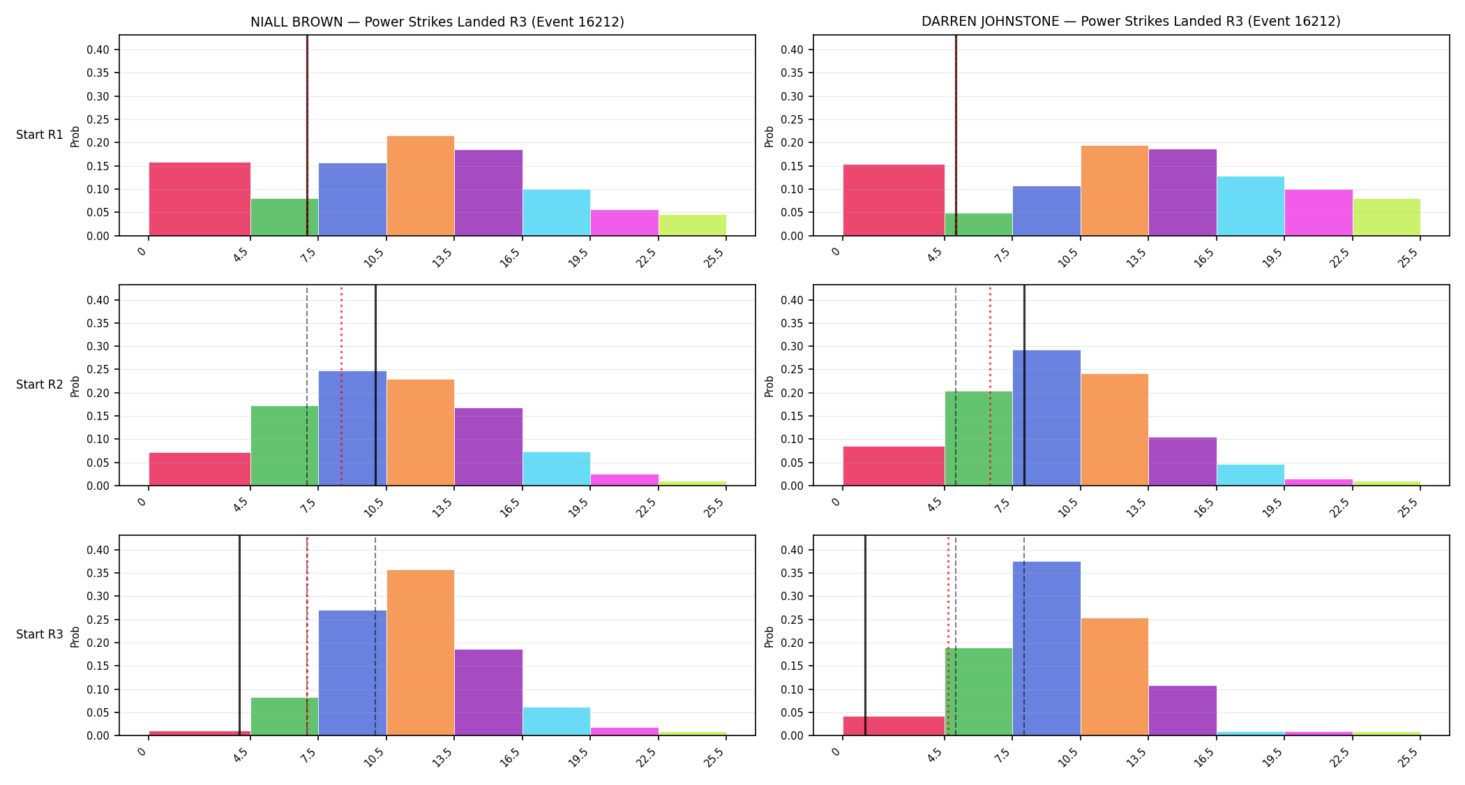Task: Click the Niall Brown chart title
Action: [437, 22]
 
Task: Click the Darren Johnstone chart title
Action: [1131, 22]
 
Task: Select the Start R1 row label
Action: [40, 135]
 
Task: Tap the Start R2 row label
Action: [40, 384]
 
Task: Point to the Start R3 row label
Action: [40, 634]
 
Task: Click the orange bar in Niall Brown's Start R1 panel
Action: [421, 186]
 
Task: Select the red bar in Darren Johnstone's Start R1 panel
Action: [894, 200]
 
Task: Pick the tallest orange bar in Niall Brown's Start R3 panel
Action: [421, 652]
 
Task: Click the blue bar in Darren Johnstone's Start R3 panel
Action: [1046, 648]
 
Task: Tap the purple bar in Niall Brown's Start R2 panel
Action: [488, 447]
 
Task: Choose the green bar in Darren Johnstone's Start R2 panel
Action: [979, 438]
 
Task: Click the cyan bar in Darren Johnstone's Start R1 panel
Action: [1251, 206]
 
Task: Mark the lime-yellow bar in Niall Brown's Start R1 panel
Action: [693, 225]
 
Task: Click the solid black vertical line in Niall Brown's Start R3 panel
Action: [239, 635]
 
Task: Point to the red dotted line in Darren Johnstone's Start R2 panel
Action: [990, 385]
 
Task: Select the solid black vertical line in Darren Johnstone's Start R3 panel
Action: [865, 635]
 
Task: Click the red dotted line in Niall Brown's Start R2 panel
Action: [341, 385]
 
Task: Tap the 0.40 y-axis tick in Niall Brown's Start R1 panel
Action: [98, 50]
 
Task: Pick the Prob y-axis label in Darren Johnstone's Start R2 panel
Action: [769, 386]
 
